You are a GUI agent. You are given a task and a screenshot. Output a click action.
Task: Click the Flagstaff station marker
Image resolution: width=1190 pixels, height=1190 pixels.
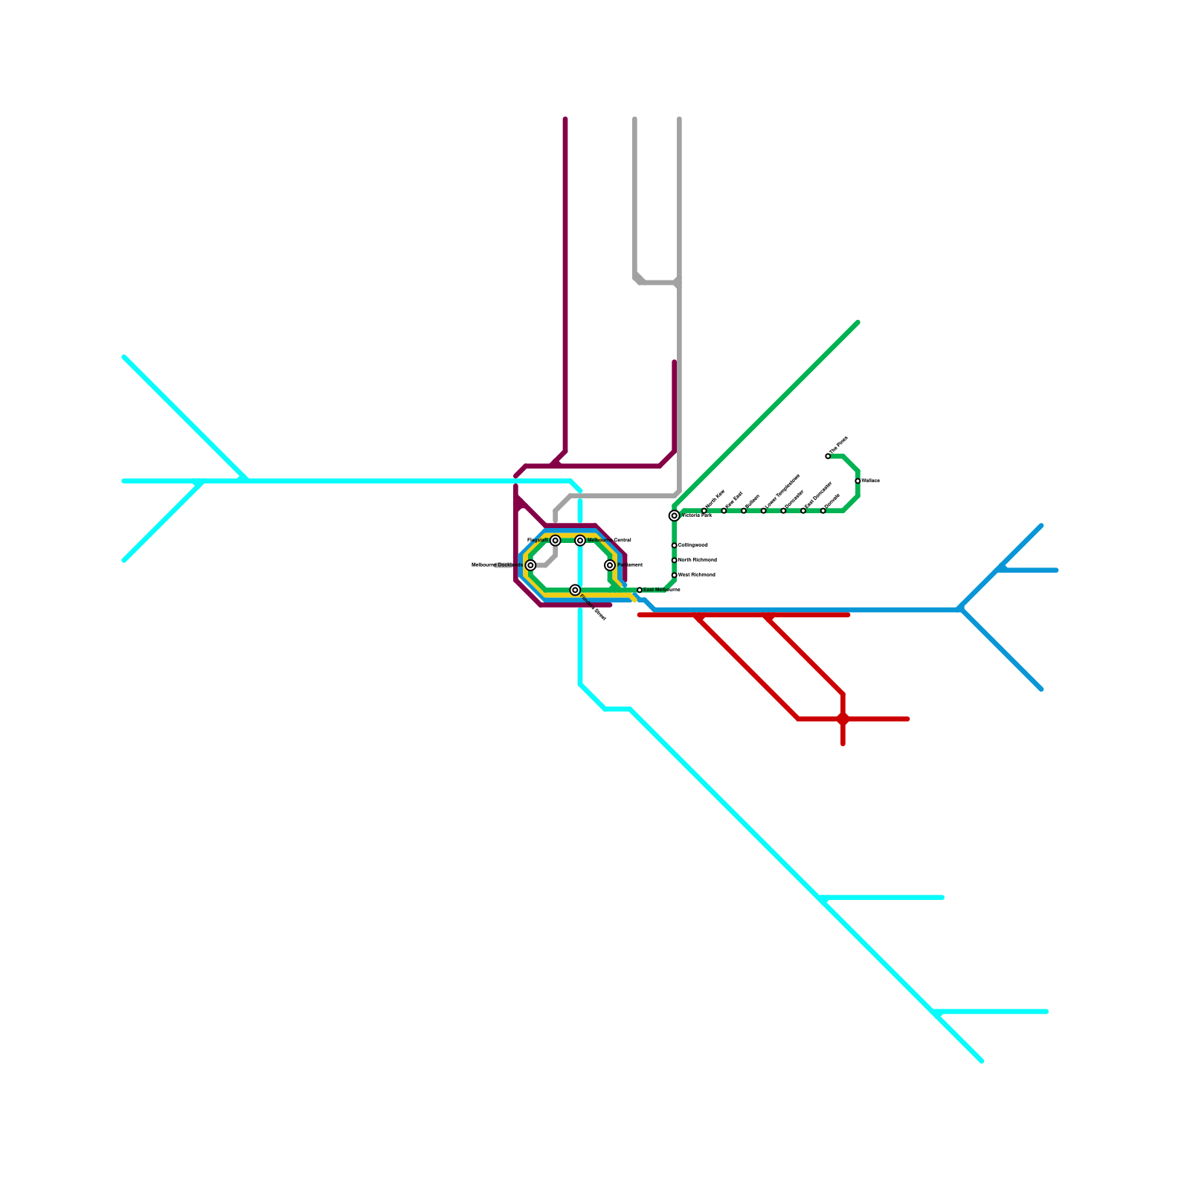555,540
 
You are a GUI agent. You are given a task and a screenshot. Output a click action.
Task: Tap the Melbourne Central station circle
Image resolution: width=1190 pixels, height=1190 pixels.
580,540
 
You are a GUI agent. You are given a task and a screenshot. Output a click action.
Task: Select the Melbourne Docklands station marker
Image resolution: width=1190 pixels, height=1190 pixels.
530,565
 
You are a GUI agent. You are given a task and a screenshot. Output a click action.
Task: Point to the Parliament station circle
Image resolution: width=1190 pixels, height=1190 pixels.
610,565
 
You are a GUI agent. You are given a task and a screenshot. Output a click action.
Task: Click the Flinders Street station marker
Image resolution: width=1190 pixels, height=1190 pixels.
575,590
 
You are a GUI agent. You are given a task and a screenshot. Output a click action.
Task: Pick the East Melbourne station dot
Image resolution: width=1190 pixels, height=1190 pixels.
640,590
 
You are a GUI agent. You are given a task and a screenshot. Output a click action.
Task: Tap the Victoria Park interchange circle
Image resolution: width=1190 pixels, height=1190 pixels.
674,515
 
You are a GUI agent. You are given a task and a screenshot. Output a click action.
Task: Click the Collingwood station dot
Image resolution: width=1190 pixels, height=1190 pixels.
674,545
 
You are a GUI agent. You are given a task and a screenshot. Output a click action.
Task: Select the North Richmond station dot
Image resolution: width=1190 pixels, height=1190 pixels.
674,560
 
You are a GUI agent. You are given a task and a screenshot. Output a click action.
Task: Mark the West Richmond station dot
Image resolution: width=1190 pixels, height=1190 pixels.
674,575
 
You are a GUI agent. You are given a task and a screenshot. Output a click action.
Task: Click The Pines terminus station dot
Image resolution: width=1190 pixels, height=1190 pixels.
828,456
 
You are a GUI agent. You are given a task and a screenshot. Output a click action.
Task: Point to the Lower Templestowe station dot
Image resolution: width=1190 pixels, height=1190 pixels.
763,510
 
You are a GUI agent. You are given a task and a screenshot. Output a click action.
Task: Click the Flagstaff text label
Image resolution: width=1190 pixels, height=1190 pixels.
538,540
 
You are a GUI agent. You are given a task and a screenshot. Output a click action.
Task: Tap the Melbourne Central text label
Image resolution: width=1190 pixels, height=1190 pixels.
609,540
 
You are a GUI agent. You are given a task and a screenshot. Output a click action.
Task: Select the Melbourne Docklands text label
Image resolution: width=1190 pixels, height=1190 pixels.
497,565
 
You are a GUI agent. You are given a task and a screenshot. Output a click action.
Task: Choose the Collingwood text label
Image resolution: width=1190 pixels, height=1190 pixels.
693,545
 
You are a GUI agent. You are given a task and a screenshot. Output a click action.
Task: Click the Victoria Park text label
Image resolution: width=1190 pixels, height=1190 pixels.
697,515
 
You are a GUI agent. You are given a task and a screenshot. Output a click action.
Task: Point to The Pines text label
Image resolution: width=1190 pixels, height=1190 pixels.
839,445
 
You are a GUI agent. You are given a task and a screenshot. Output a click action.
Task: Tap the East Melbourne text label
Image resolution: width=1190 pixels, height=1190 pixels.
661,590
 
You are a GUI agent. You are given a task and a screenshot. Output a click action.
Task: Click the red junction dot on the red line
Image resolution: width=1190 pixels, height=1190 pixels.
843,718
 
